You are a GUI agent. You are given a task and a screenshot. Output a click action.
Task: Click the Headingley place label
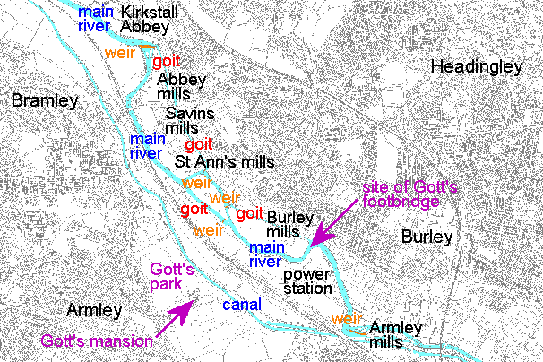(x=476, y=66)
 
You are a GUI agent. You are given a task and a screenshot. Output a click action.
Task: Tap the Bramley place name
(x=44, y=100)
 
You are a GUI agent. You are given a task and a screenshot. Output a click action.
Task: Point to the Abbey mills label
(x=181, y=86)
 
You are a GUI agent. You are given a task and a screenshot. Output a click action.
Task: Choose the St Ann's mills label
(x=224, y=162)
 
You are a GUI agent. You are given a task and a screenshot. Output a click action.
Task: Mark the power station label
(x=307, y=281)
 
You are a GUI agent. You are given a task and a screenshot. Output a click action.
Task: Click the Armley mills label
(x=394, y=334)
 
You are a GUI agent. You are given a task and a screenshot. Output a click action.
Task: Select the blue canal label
(x=241, y=305)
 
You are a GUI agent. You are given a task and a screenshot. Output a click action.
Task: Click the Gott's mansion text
(x=97, y=340)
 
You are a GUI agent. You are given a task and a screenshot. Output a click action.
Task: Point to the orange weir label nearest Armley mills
(x=346, y=318)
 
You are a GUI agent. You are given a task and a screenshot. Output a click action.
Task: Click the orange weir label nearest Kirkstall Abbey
(x=119, y=52)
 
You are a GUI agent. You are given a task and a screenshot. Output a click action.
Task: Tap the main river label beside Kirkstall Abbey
(x=94, y=20)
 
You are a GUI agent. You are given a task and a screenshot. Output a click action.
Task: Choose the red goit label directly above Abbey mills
(x=166, y=61)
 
